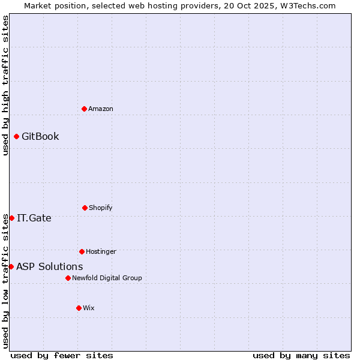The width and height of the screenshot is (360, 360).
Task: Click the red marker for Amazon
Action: point(84,109)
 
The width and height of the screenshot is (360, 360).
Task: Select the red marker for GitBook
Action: point(16,136)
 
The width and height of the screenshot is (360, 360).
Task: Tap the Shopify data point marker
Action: point(85,208)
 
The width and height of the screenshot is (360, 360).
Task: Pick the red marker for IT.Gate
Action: point(11,218)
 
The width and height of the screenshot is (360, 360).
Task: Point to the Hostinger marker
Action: point(82,251)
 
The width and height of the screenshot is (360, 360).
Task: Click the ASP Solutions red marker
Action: point(11,266)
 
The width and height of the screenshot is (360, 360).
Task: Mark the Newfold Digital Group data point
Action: point(68,278)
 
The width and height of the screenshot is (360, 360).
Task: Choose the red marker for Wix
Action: point(79,308)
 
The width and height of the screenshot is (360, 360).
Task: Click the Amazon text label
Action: point(101,109)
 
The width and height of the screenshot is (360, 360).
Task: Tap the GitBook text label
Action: point(40,136)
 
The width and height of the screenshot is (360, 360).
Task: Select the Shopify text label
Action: point(101,208)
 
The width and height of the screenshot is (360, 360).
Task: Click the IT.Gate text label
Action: point(34,218)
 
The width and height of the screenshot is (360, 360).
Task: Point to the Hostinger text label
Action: point(101,251)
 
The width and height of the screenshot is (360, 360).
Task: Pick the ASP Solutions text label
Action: point(50,266)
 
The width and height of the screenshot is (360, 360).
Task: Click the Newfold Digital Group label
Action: point(107,278)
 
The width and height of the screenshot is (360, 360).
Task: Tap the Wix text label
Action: point(89,308)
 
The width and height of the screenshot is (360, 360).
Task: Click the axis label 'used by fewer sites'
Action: point(62,355)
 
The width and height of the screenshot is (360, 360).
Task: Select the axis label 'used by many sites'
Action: point(301,355)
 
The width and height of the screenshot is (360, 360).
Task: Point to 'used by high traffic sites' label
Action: point(5,85)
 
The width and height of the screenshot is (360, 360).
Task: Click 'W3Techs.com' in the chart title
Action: point(307,5)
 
